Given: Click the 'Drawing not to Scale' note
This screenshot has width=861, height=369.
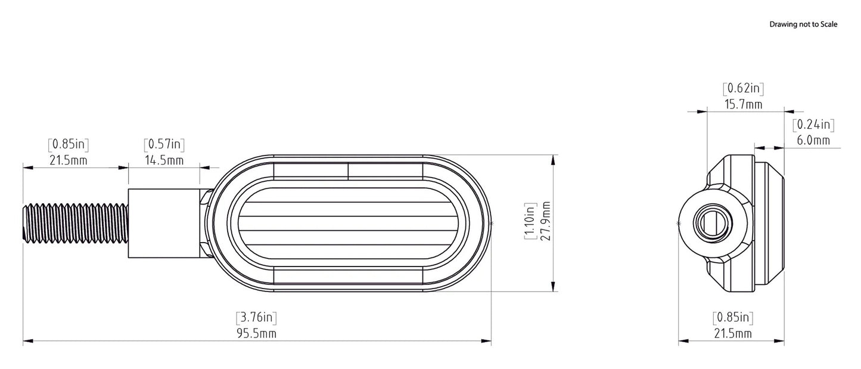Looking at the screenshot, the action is point(803,24).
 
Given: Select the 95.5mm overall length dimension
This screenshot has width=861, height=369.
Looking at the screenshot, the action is point(256,333).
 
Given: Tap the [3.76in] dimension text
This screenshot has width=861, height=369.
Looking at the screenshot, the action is point(256,317).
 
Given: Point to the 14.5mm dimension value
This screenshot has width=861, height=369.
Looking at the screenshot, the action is point(164,160).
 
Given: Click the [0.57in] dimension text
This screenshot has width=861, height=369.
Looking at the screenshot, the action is point(164,144).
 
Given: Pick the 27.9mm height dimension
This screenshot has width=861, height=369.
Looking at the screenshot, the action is point(545,221).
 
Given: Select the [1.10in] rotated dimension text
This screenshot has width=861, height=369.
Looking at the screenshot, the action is point(530,221).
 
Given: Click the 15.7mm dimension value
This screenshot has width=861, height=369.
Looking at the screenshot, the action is point(744,104).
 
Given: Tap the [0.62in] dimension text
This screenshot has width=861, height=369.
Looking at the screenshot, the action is point(744,88).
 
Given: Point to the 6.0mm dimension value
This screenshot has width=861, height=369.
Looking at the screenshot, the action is point(813,140).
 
